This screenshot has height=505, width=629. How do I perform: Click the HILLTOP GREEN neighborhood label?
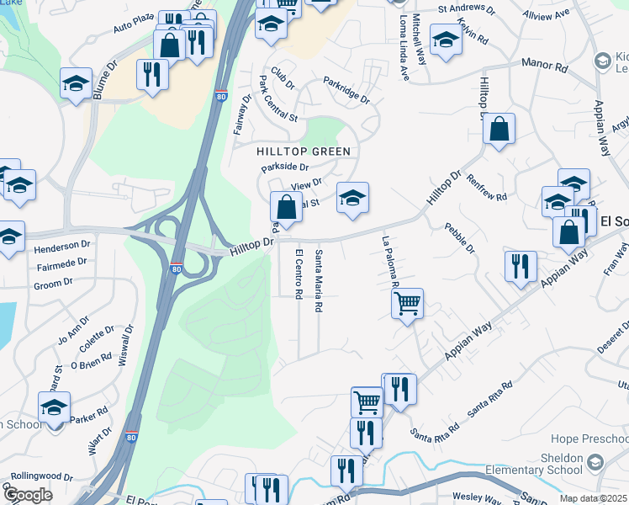point(303,151)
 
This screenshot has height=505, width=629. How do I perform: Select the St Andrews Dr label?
point(467,8)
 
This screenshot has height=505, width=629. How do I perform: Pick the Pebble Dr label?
point(461,238)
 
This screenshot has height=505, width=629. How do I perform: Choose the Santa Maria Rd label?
point(318,281)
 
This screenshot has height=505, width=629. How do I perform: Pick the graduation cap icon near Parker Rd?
point(55,407)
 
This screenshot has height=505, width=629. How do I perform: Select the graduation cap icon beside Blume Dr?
point(76,82)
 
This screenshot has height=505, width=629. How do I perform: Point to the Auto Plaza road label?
point(135,25)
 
